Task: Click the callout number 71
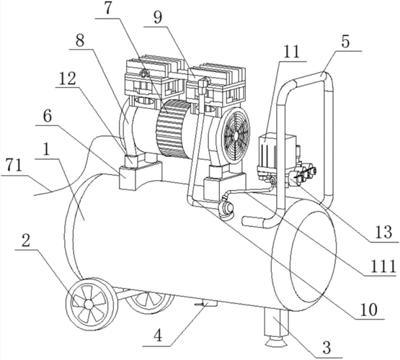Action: coord(14,166)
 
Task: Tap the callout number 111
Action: coord(383,266)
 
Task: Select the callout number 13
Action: coord(383,232)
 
